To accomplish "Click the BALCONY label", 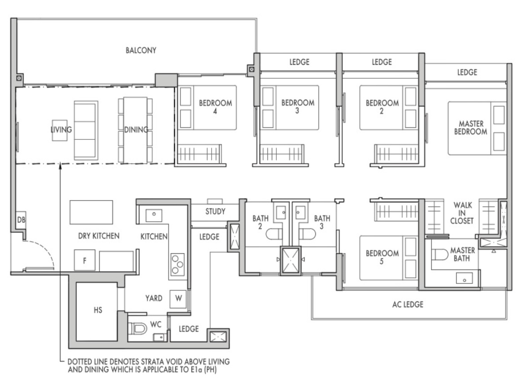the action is click(x=141, y=50).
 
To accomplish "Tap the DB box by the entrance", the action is click(x=21, y=220).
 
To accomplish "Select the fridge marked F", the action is click(x=84, y=260).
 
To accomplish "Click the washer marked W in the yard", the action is click(x=178, y=299).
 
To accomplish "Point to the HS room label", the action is click(x=98, y=310).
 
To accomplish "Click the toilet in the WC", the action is click(x=138, y=329).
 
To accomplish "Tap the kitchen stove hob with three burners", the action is click(x=177, y=264).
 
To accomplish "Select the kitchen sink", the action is click(x=154, y=215).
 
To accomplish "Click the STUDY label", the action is click(x=215, y=211).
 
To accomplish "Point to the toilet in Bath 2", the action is click(x=274, y=234).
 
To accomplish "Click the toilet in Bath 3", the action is click(x=307, y=234).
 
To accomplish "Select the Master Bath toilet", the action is click(x=440, y=255).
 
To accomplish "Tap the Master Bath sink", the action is click(x=464, y=278).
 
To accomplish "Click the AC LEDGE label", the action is click(x=408, y=305).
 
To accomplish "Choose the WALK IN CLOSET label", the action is click(x=462, y=213).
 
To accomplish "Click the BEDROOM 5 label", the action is click(x=382, y=257).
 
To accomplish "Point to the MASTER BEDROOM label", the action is click(x=470, y=128).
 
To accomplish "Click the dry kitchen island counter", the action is click(x=91, y=212).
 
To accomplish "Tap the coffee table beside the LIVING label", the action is click(x=59, y=130).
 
